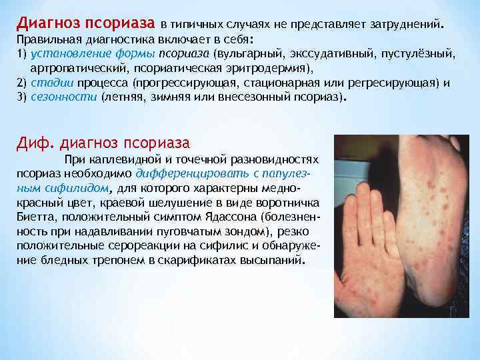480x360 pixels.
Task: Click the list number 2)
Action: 21,83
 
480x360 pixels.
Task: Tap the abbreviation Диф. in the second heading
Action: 34,143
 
